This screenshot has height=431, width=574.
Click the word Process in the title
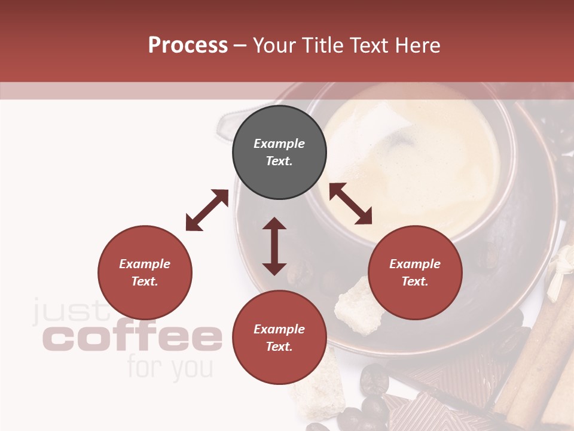(x=188, y=45)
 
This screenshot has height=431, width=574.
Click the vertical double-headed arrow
(x=274, y=246)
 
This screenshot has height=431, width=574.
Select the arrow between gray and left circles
(x=207, y=210)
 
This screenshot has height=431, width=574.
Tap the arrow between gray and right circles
(x=350, y=204)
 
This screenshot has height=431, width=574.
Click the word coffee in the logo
(x=132, y=338)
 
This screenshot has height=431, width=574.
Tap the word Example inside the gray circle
(x=279, y=144)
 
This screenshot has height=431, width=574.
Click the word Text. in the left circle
(x=145, y=281)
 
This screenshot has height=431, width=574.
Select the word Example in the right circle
(x=415, y=264)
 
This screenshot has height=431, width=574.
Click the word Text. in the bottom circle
(x=279, y=347)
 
